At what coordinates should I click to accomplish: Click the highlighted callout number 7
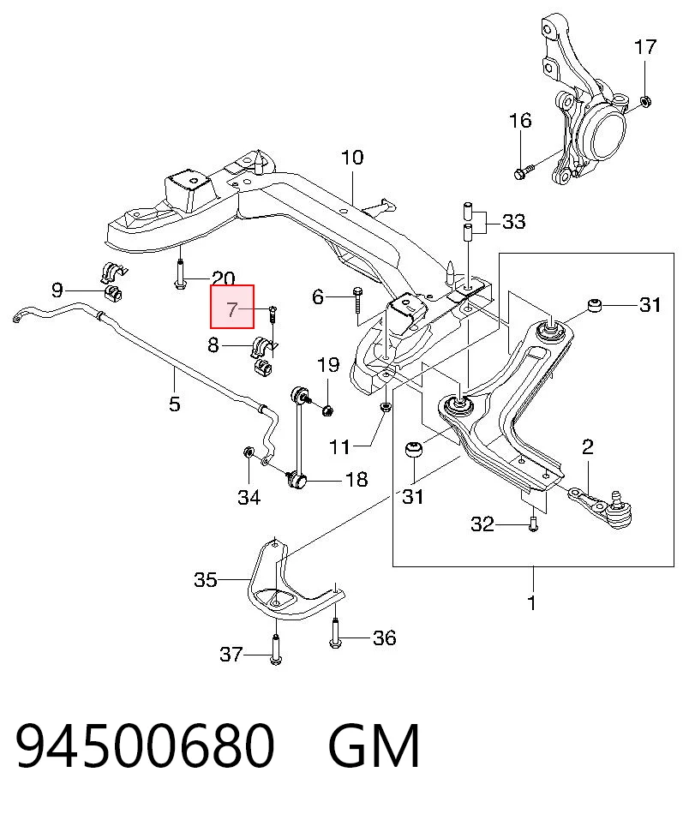[231, 310]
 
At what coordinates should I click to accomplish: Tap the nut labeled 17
[645, 101]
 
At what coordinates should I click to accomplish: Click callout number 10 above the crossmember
[352, 158]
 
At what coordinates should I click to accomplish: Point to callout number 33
[514, 222]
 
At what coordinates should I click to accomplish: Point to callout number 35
[205, 579]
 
